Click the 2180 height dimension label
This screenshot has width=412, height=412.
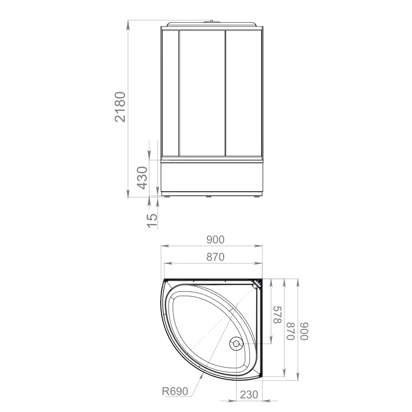120,107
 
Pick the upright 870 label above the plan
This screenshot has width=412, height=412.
215,257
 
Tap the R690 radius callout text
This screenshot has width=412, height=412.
175,391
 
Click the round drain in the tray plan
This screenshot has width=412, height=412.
236,343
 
